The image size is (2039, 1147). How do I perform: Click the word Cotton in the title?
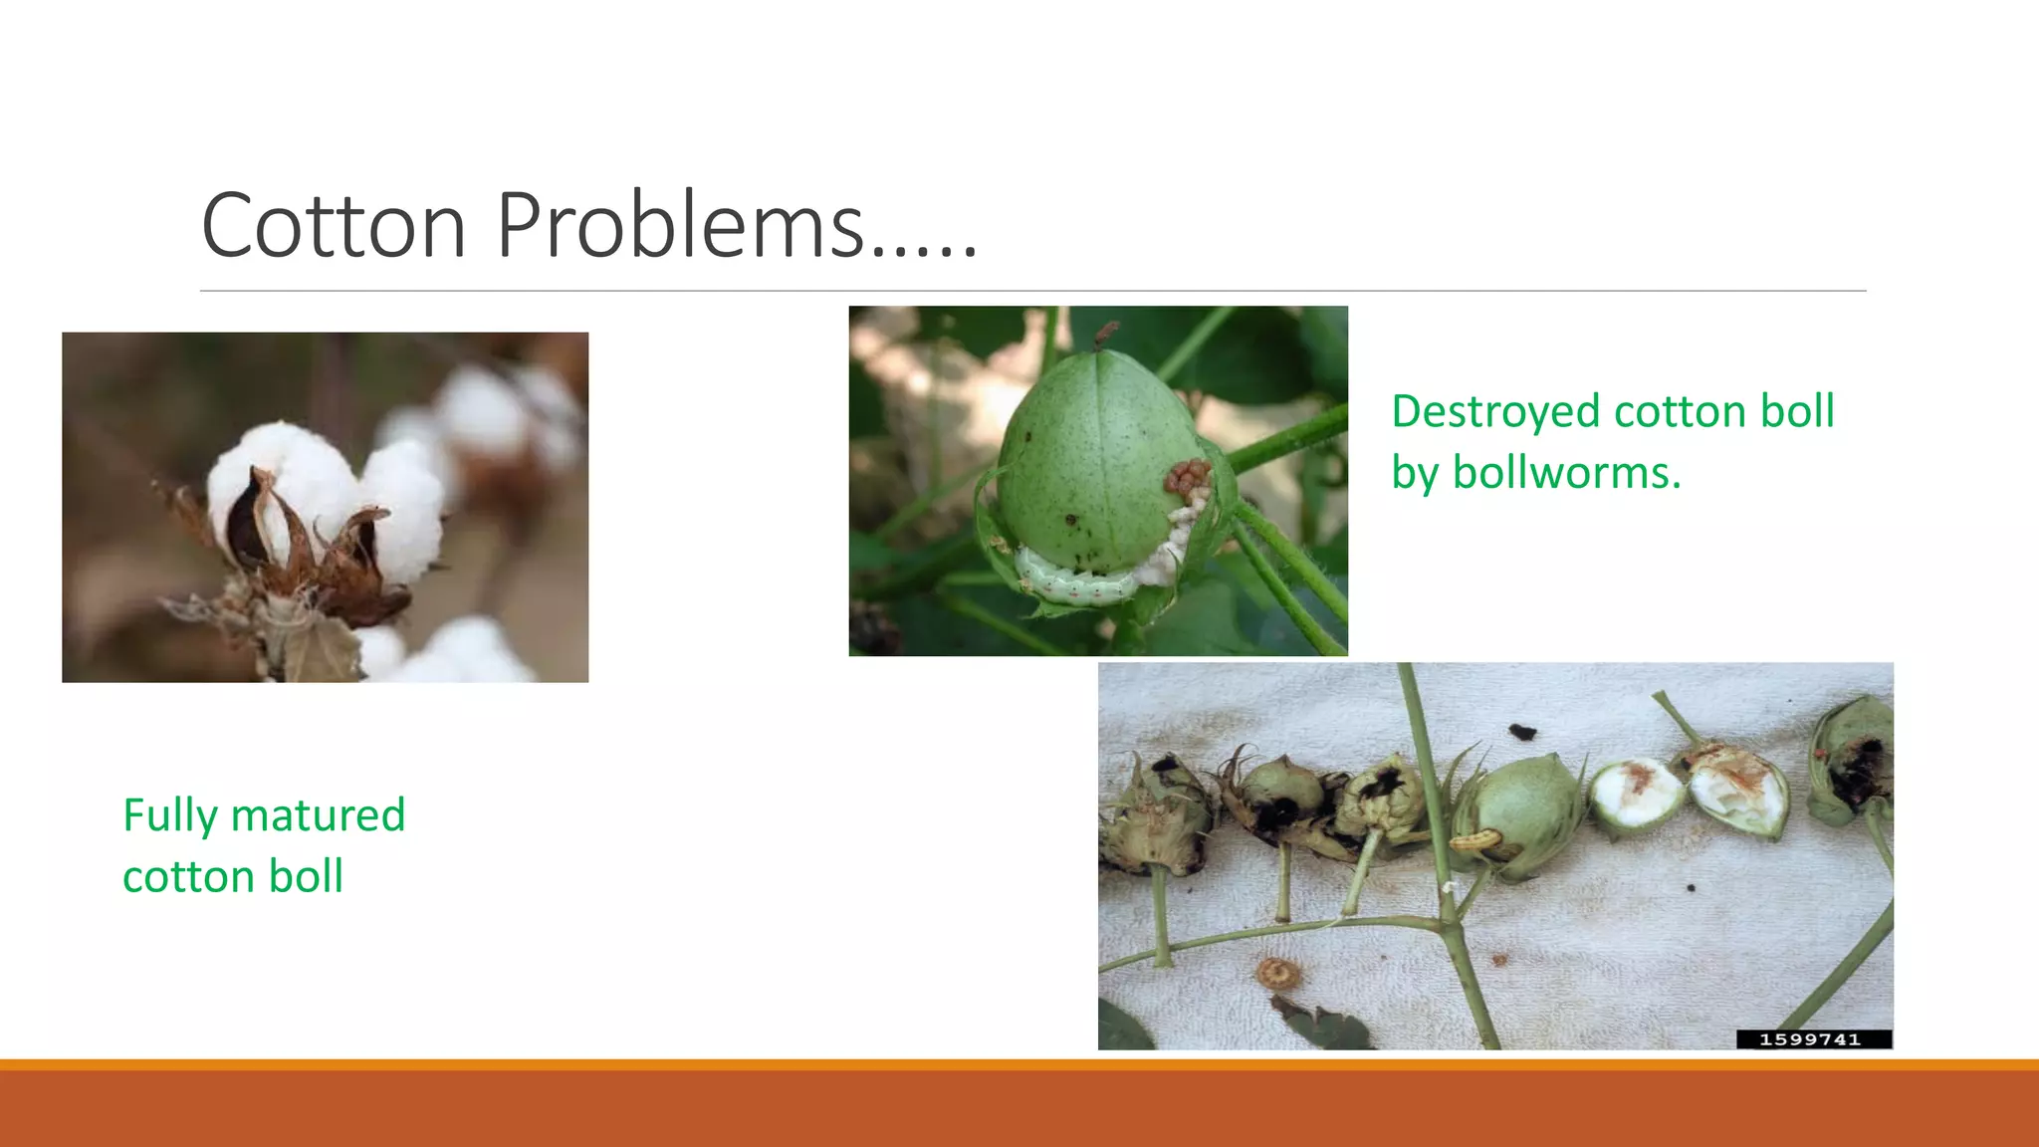[334, 225]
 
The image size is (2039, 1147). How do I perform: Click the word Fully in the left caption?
[169, 816]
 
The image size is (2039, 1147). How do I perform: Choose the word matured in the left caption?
[319, 816]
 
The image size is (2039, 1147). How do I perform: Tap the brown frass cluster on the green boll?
[1187, 478]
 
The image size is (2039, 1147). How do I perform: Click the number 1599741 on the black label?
[1809, 1039]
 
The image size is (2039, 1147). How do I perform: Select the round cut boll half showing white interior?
[1636, 795]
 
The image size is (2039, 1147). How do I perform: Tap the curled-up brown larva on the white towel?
[1278, 972]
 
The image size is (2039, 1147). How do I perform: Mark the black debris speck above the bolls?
[1521, 733]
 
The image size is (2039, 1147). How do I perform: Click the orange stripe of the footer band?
[1019, 1065]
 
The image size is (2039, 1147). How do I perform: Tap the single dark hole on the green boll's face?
[1072, 519]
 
